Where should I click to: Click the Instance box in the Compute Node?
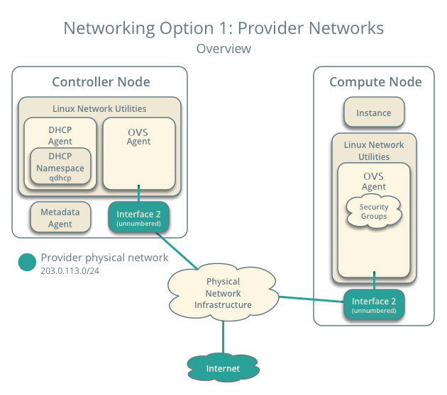tap(373, 113)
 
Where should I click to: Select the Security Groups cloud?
tap(373, 211)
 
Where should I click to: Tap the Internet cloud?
tap(223, 368)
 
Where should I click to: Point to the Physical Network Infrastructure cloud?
tap(223, 293)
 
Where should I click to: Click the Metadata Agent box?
tap(60, 218)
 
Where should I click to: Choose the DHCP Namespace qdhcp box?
tap(60, 168)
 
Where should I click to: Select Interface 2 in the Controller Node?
tap(139, 218)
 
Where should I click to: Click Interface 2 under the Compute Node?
tap(373, 305)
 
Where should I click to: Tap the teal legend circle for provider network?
tap(27, 262)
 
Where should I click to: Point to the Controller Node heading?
tap(101, 82)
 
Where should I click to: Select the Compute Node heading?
tap(375, 82)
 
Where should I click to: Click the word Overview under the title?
tap(223, 49)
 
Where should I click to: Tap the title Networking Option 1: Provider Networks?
tap(223, 28)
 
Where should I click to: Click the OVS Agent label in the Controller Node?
tap(139, 136)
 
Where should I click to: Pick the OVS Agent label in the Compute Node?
tap(373, 181)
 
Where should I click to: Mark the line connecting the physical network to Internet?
tap(223, 336)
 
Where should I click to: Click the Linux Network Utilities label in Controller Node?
tap(99, 108)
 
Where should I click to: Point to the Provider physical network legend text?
tap(104, 258)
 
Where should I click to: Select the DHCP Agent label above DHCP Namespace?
tap(60, 136)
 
